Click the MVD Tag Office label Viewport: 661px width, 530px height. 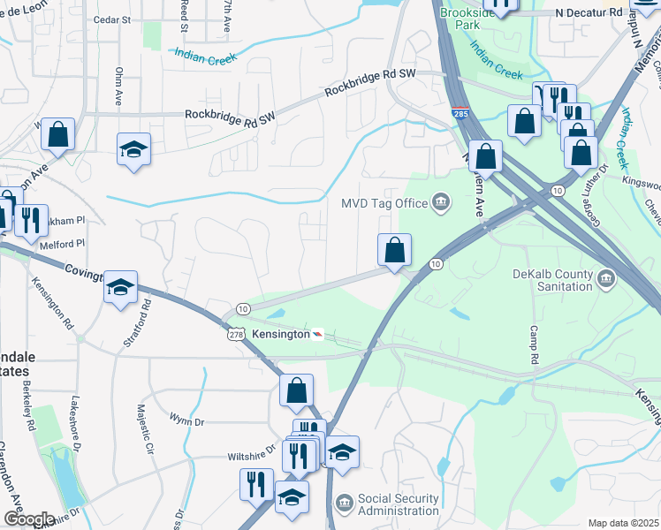click(384, 204)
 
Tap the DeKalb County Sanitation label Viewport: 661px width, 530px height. click(552, 280)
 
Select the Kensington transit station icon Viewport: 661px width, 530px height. click(317, 334)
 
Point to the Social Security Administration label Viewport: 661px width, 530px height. click(398, 504)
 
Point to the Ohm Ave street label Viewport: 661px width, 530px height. click(118, 84)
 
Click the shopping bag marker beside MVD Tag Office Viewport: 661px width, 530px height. click(394, 249)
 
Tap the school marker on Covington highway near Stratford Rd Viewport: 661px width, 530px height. click(120, 286)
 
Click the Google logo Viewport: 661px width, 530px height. click(28, 519)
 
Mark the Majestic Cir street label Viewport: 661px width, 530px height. click(139, 429)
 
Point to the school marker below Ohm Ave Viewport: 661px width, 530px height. click(133, 149)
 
